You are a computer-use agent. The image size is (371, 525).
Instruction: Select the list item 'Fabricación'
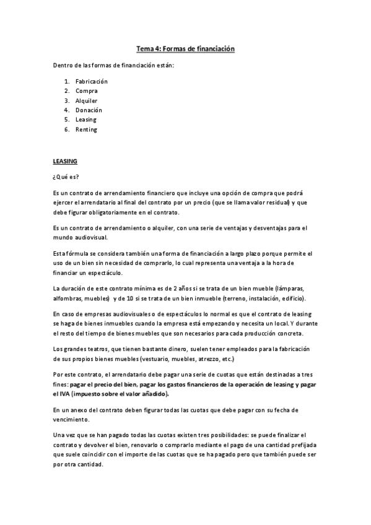click(x=91, y=81)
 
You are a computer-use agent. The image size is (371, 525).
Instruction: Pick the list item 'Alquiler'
click(x=87, y=100)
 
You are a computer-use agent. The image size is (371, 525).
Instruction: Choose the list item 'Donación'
click(x=89, y=110)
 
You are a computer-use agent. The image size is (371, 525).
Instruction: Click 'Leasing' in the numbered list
click(x=86, y=119)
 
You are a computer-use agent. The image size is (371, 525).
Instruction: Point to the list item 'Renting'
click(x=86, y=129)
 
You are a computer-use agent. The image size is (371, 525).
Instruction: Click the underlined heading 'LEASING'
click(x=64, y=161)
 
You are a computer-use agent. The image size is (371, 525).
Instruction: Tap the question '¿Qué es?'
click(x=61, y=176)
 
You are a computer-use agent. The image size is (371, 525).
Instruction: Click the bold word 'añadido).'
click(x=150, y=394)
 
